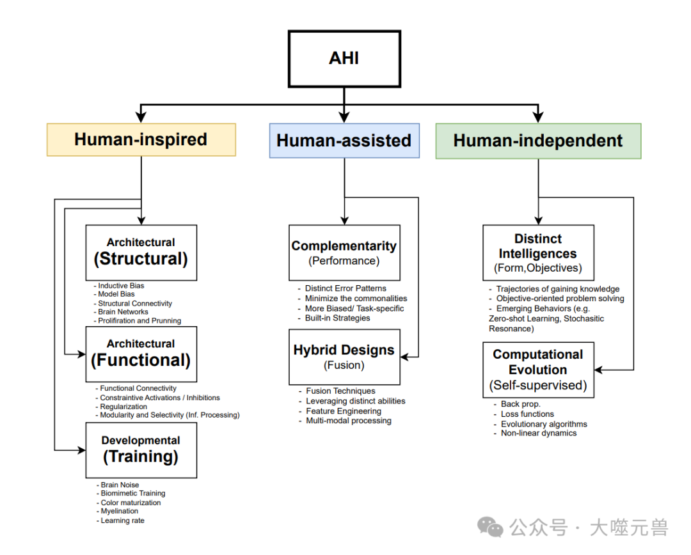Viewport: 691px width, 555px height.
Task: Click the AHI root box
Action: click(344, 58)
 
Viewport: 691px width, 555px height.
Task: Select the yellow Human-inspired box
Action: click(141, 140)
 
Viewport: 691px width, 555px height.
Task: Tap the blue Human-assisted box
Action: click(344, 141)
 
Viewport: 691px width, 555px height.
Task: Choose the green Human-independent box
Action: click(537, 141)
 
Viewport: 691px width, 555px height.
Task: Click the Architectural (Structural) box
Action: click(141, 253)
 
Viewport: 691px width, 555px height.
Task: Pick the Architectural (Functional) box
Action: click(141, 354)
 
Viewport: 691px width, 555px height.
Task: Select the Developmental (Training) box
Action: click(141, 449)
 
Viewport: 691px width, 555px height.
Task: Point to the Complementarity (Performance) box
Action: click(344, 253)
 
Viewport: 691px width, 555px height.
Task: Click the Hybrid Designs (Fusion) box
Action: click(344, 357)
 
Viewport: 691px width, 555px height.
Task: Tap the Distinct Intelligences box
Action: click(537, 253)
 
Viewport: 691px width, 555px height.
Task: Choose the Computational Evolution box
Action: click(537, 370)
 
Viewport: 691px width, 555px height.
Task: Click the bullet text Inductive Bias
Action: click(121, 286)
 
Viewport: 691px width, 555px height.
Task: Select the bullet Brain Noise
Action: click(120, 485)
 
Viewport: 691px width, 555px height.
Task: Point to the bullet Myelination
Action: click(119, 511)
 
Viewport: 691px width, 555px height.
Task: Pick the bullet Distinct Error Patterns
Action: click(345, 288)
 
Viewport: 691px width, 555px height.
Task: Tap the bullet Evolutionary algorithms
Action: click(543, 424)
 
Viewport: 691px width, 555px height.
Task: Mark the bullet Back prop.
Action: click(520, 404)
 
